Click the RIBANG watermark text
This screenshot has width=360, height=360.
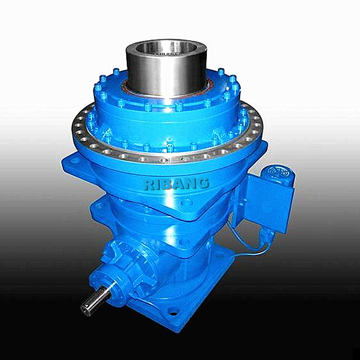[x=176, y=184]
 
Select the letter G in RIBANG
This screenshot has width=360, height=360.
[x=204, y=183]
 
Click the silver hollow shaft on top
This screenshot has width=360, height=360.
[x=167, y=69]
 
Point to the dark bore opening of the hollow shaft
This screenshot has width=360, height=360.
[x=166, y=49]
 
